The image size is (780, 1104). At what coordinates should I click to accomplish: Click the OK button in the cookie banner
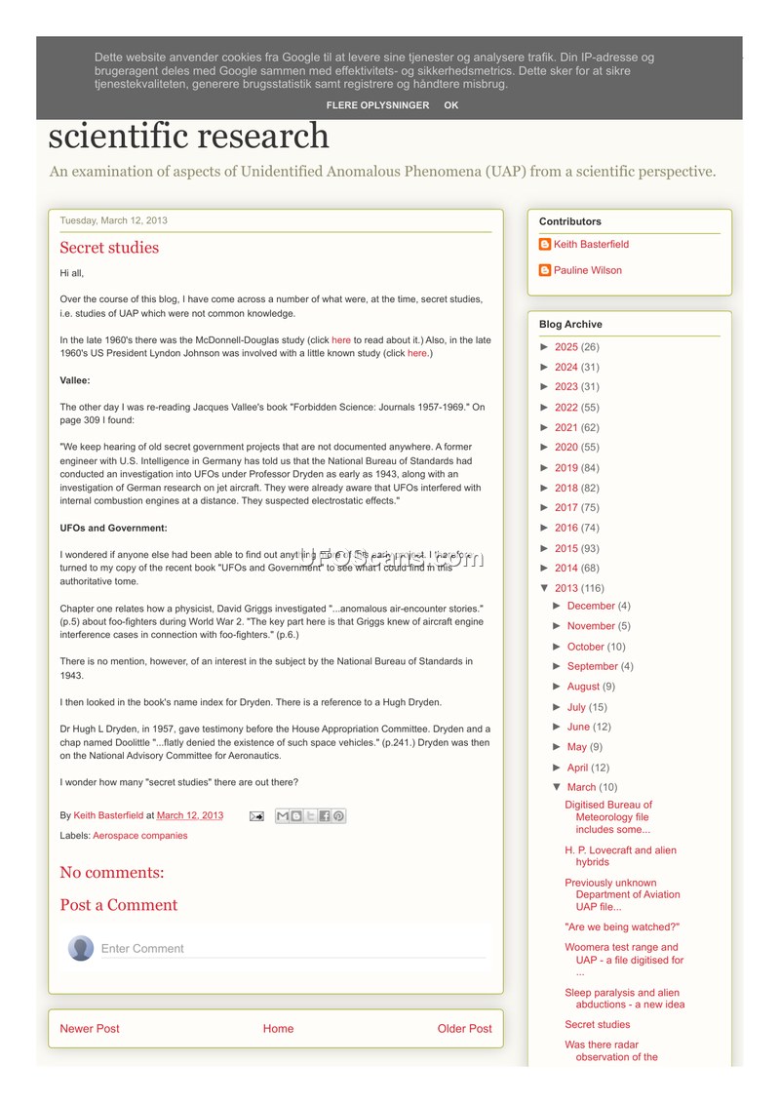tap(450, 105)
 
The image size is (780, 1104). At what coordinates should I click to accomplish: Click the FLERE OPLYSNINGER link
tap(377, 105)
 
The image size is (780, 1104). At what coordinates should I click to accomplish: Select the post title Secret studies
tap(109, 248)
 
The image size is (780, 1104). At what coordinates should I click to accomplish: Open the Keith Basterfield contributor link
tap(591, 245)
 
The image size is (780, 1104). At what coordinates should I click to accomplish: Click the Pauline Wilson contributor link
tap(587, 270)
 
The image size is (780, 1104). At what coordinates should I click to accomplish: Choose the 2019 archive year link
tap(565, 468)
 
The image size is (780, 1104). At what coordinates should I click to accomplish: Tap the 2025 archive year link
tap(565, 347)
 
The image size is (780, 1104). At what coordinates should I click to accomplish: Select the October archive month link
tap(585, 647)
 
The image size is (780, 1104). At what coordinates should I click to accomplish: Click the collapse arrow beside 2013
tap(544, 588)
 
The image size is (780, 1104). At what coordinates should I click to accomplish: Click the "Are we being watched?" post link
tap(622, 927)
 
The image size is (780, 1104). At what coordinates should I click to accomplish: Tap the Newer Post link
tap(90, 1029)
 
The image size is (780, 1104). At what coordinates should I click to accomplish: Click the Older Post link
tap(464, 1029)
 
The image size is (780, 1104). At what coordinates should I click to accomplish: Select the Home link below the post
tap(278, 1029)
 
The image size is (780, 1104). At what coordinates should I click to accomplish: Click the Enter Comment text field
tap(292, 949)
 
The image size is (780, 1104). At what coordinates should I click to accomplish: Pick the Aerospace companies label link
tap(139, 836)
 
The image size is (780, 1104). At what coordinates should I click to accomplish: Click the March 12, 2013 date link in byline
tap(190, 815)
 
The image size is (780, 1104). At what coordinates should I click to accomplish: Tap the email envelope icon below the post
tap(256, 816)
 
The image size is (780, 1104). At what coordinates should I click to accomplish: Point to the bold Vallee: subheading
tap(75, 380)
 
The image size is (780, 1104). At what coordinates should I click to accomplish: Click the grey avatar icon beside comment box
tap(81, 948)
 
